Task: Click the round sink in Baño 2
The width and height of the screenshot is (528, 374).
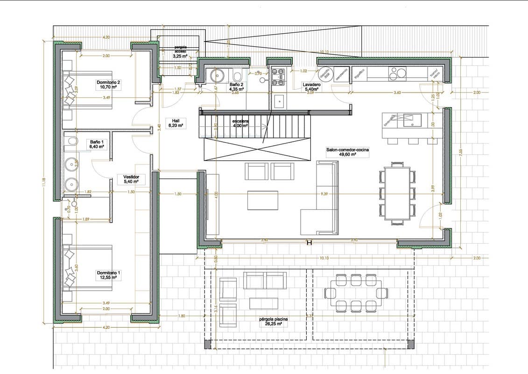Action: click(218, 75)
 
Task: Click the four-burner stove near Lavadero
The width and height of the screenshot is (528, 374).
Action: click(278, 77)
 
